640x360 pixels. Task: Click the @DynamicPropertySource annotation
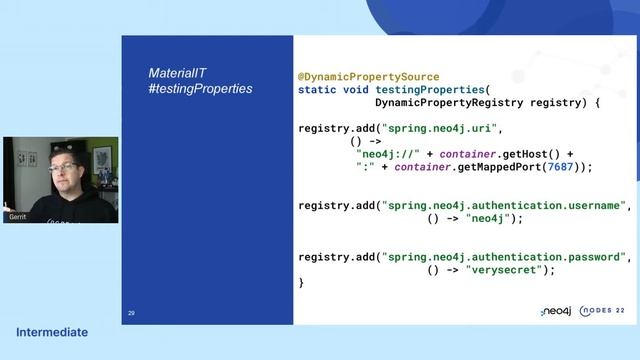[x=368, y=76]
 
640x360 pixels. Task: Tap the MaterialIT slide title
[x=178, y=74]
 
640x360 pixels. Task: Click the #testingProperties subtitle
[x=200, y=89]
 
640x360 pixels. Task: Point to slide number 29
[x=131, y=313]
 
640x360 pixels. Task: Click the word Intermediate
[x=52, y=332]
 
